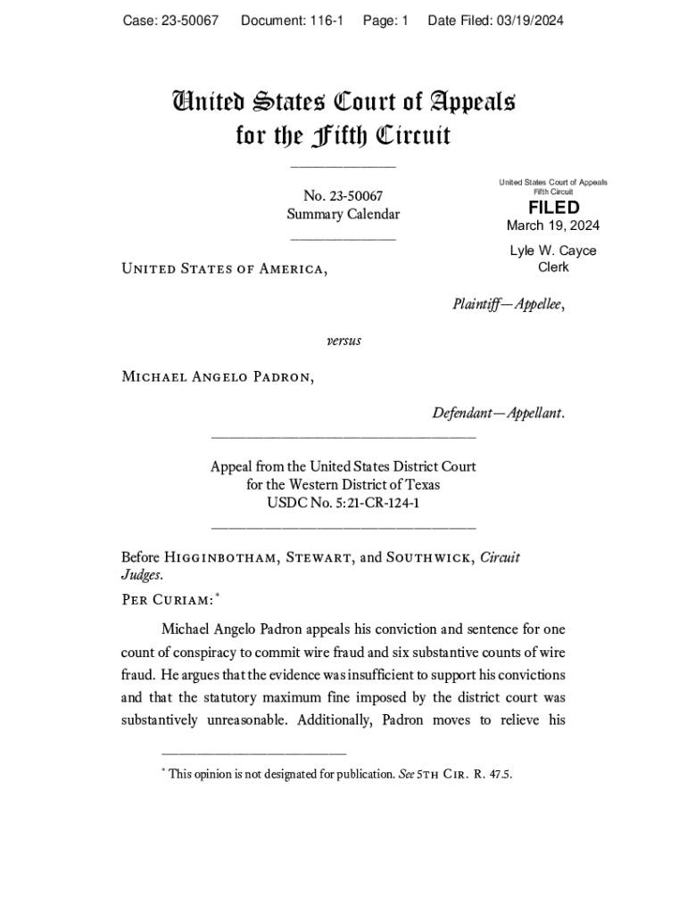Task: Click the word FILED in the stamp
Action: pyautogui.click(x=553, y=208)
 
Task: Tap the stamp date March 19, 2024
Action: pyautogui.click(x=553, y=226)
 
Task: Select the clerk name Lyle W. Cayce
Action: pyautogui.click(x=553, y=251)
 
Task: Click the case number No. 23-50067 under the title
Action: pyautogui.click(x=343, y=196)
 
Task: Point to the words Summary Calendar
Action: pyautogui.click(x=343, y=214)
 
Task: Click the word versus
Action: pyautogui.click(x=343, y=341)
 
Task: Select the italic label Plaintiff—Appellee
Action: pyautogui.click(x=509, y=304)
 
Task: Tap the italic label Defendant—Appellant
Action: pyautogui.click(x=498, y=414)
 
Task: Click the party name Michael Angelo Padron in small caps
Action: pyautogui.click(x=217, y=376)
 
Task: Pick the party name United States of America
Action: pyautogui.click(x=223, y=268)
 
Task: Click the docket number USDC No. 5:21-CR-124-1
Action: pyautogui.click(x=343, y=503)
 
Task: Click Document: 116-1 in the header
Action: pyautogui.click(x=292, y=21)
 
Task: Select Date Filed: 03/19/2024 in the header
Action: pyautogui.click(x=495, y=21)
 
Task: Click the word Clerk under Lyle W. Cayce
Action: pyautogui.click(x=553, y=267)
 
